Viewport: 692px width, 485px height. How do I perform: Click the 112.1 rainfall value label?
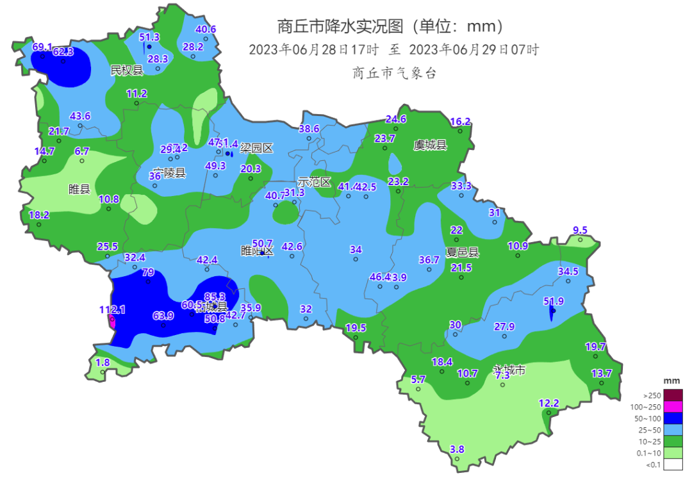pyautogui.click(x=112, y=309)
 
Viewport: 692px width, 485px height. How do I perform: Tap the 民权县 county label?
pyautogui.click(x=127, y=69)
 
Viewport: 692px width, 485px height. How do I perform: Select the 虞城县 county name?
pyautogui.click(x=430, y=145)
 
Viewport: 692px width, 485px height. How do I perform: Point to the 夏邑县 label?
pyautogui.click(x=462, y=252)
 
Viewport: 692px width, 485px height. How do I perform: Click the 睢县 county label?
pyautogui.click(x=79, y=189)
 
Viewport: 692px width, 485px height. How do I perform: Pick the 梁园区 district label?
pyautogui.click(x=256, y=149)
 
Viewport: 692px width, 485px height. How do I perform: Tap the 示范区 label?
pyautogui.click(x=314, y=183)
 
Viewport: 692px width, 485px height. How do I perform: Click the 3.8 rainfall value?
pyautogui.click(x=457, y=449)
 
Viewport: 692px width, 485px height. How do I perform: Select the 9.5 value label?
pyautogui.click(x=580, y=230)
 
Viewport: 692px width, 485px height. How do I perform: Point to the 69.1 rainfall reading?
pyautogui.click(x=42, y=47)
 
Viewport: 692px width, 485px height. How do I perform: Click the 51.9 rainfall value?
pyautogui.click(x=554, y=301)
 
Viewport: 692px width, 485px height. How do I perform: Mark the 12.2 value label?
pyautogui.click(x=548, y=403)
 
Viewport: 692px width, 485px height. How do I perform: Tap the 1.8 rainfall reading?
pyautogui.click(x=103, y=363)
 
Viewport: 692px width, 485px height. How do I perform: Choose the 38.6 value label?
pyautogui.click(x=309, y=128)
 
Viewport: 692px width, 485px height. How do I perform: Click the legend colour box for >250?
pyautogui.click(x=673, y=395)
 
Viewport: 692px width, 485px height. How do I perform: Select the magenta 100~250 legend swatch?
pyautogui.click(x=673, y=407)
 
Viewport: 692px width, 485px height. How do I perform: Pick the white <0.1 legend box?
pyautogui.click(x=673, y=464)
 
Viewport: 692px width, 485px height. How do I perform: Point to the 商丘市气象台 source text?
pyautogui.click(x=394, y=74)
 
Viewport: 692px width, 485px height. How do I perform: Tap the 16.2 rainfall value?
pyautogui.click(x=460, y=121)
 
